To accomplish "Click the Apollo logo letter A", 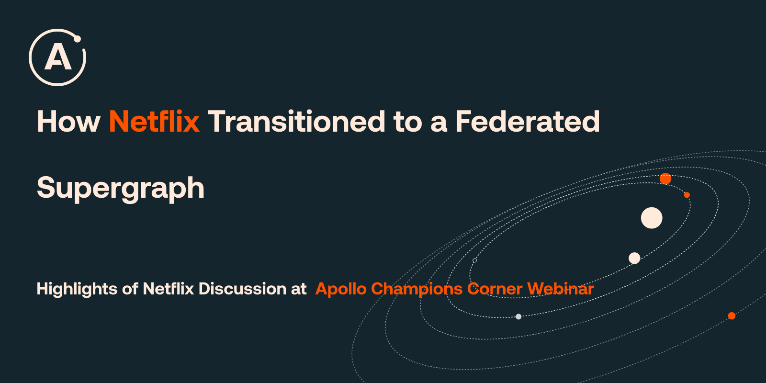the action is pyautogui.click(x=58, y=58).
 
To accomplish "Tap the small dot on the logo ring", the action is pyautogui.click(x=78, y=39).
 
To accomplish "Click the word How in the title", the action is pyautogui.click(x=68, y=122).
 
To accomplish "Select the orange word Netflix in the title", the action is pyautogui.click(x=154, y=121).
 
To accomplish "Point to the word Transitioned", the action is pyautogui.click(x=296, y=121).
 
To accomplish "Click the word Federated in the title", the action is pyautogui.click(x=527, y=121).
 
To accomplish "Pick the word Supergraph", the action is pyautogui.click(x=120, y=189).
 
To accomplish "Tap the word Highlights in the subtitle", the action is pyautogui.click(x=77, y=289).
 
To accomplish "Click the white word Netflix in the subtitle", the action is pyautogui.click(x=168, y=289).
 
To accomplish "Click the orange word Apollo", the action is pyautogui.click(x=341, y=289).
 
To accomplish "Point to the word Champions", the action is pyautogui.click(x=417, y=289).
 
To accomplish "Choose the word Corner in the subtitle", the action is pyautogui.click(x=495, y=289).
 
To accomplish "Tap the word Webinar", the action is pyautogui.click(x=561, y=289).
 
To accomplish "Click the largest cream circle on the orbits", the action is pyautogui.click(x=652, y=218).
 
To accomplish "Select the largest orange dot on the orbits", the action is pyautogui.click(x=665, y=179).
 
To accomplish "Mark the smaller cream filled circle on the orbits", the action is pyautogui.click(x=634, y=258).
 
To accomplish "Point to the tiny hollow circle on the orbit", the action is pyautogui.click(x=474, y=260).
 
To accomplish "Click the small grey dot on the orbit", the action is pyautogui.click(x=518, y=316).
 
